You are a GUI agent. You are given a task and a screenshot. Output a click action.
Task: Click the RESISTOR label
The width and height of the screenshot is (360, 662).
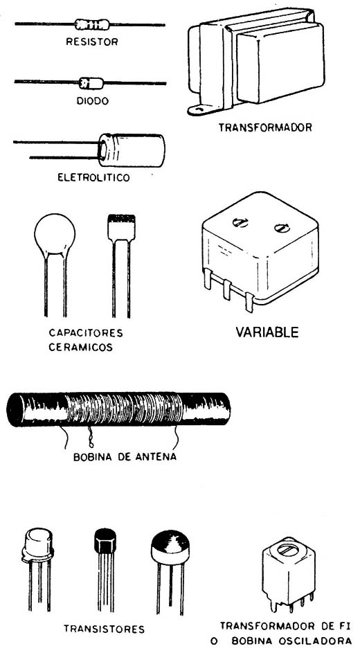(92, 42)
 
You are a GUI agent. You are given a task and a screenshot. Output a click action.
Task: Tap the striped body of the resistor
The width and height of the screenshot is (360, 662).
(91, 24)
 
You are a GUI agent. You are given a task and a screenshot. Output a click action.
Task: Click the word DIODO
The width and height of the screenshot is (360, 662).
(93, 101)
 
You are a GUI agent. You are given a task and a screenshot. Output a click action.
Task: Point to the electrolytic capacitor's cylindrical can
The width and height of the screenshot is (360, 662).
(132, 150)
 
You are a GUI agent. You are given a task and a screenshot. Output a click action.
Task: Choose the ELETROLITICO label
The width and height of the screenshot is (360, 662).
(93, 177)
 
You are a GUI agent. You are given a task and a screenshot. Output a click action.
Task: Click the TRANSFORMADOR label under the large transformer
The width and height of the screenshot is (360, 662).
(265, 127)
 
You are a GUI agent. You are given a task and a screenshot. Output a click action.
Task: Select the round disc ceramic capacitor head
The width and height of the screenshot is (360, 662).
(55, 235)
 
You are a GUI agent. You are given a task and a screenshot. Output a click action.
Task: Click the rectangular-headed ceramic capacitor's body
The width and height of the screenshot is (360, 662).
(122, 228)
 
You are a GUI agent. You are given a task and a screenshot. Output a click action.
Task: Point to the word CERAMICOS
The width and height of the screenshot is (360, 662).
(80, 348)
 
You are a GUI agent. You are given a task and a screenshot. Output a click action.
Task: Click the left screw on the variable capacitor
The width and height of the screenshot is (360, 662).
(240, 222)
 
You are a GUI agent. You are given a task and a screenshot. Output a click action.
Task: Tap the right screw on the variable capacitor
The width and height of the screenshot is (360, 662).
(280, 228)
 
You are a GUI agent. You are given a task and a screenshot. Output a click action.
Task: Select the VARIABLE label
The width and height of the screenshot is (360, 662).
(267, 332)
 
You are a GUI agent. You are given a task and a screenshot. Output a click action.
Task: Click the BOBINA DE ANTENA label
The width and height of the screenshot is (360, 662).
(125, 457)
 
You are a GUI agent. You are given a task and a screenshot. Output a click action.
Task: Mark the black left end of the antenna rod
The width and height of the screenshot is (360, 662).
(17, 409)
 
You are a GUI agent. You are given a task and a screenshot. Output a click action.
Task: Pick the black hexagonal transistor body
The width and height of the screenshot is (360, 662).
(105, 540)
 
